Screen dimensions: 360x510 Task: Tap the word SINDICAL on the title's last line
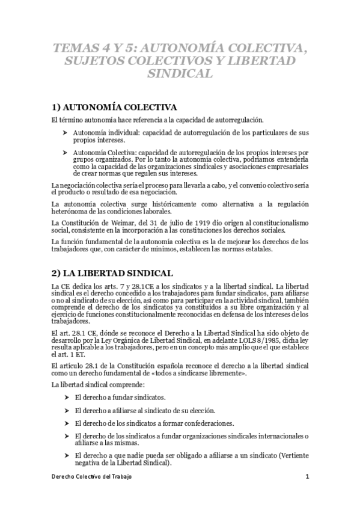(x=180, y=75)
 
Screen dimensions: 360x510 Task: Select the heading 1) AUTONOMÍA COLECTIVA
(x=114, y=107)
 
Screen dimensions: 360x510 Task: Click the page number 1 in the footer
(x=307, y=476)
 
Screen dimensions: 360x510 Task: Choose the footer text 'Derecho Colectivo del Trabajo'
(x=91, y=476)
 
